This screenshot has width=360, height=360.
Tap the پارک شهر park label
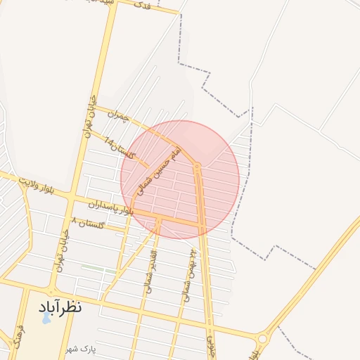tap(80, 349)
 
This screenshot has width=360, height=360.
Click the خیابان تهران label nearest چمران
tap(90, 116)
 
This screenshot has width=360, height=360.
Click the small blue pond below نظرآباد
tap(46, 318)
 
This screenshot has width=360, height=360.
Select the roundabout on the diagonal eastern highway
tap(262, 339)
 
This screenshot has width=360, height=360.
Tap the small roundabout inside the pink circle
tap(198, 167)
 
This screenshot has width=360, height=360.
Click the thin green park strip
tap(98, 269)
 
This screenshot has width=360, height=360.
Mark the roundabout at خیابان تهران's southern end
tap(51, 290)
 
